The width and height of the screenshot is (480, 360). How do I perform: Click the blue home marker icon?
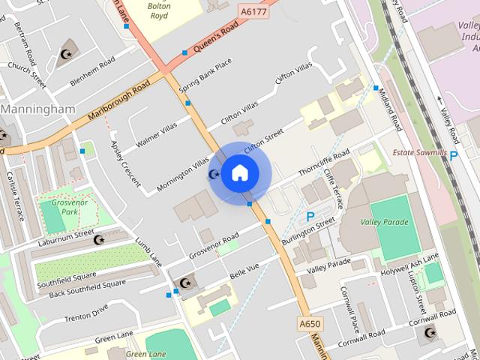pyautogui.click(x=238, y=172)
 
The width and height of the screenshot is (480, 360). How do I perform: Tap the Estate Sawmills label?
pyautogui.click(x=420, y=153)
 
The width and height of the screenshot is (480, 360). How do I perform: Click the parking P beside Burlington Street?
pyautogui.click(x=310, y=217)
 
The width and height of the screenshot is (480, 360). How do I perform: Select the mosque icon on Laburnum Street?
pyautogui.click(x=98, y=239)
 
